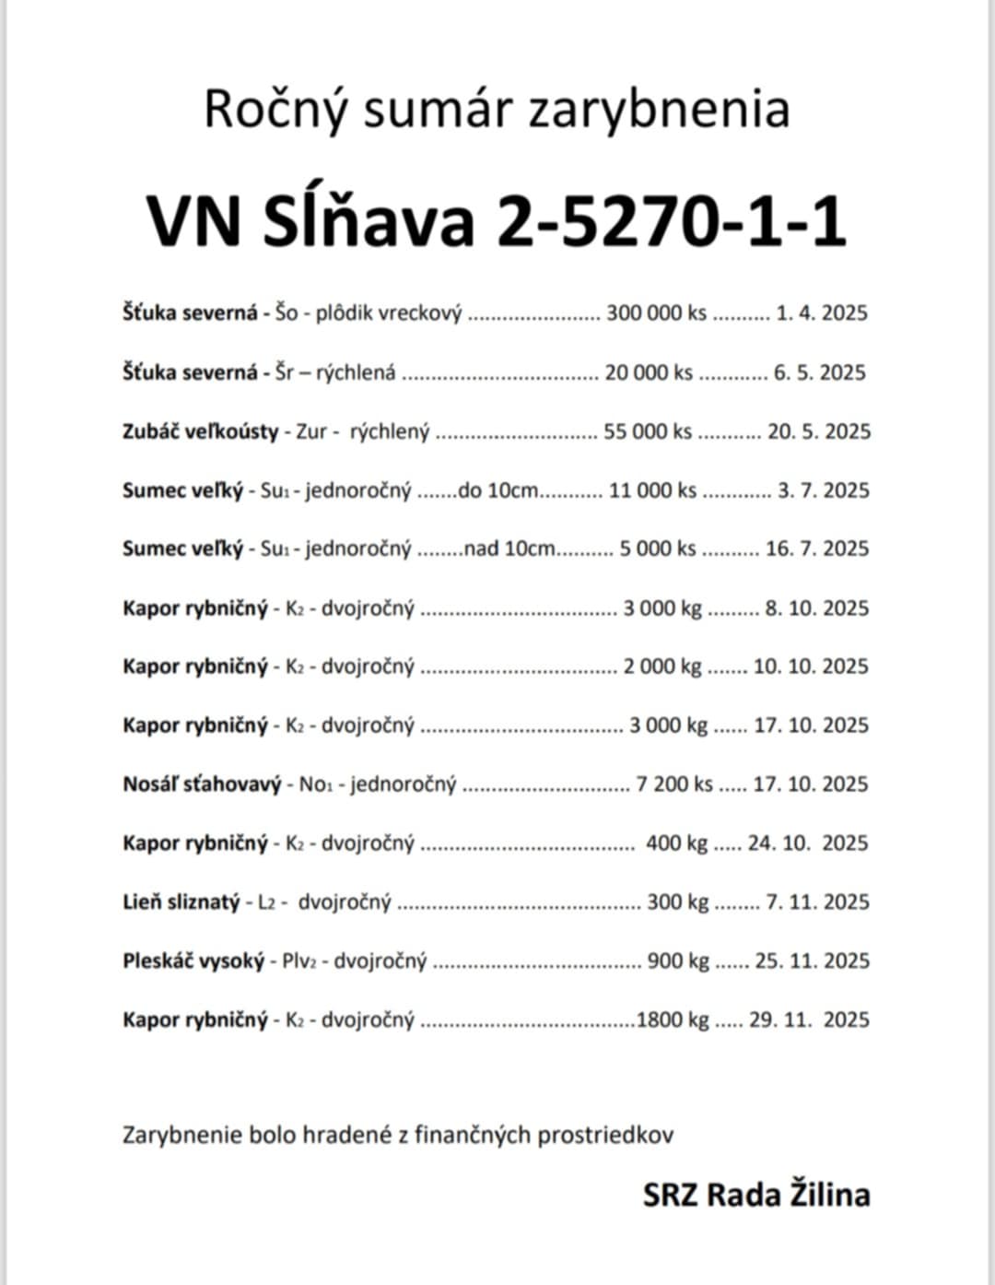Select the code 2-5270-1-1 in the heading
click(672, 222)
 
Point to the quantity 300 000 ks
click(656, 313)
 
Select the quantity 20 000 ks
click(649, 372)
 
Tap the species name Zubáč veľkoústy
click(201, 431)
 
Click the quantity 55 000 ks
click(648, 431)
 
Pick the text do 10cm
click(497, 490)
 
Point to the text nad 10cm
click(509, 549)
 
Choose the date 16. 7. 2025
click(817, 549)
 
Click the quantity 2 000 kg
click(662, 666)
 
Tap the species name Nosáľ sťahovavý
click(202, 784)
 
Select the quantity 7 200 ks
click(674, 784)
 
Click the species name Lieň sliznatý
click(181, 902)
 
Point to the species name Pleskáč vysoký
click(193, 961)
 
